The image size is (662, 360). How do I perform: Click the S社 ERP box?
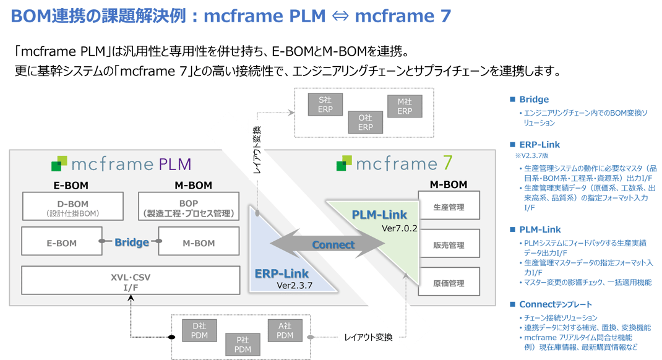[x=325, y=105]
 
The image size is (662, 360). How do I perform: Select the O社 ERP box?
[x=366, y=122]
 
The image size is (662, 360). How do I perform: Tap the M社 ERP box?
[x=405, y=106]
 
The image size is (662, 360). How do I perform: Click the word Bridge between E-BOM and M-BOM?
[x=131, y=242]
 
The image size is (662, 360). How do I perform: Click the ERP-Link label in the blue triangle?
[x=282, y=273]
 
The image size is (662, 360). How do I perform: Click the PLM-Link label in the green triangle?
[x=379, y=215]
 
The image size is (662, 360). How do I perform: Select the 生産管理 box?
[x=449, y=207]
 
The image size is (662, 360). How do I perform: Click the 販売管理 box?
[x=449, y=245]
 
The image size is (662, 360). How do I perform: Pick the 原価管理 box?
[x=449, y=283]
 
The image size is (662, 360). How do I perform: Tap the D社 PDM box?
[x=200, y=330]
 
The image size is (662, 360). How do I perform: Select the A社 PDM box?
[x=285, y=330]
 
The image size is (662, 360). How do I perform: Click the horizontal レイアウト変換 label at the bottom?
[x=368, y=338]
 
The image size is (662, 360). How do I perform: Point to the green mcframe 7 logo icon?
[x=344, y=164]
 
